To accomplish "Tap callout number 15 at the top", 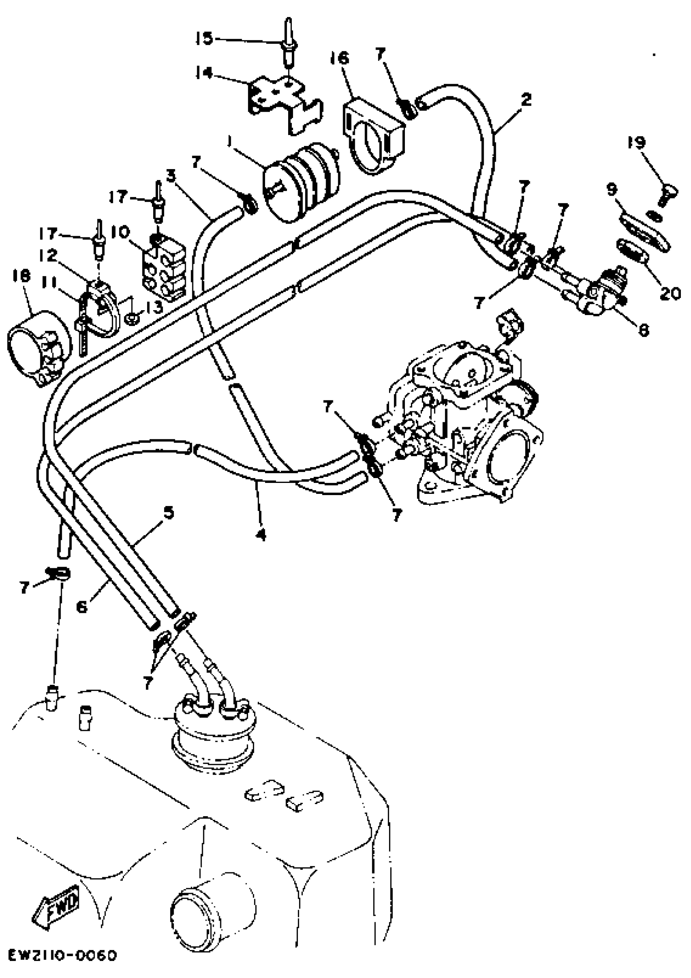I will pos(204,39).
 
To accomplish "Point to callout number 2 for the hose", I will pos(526,100).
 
